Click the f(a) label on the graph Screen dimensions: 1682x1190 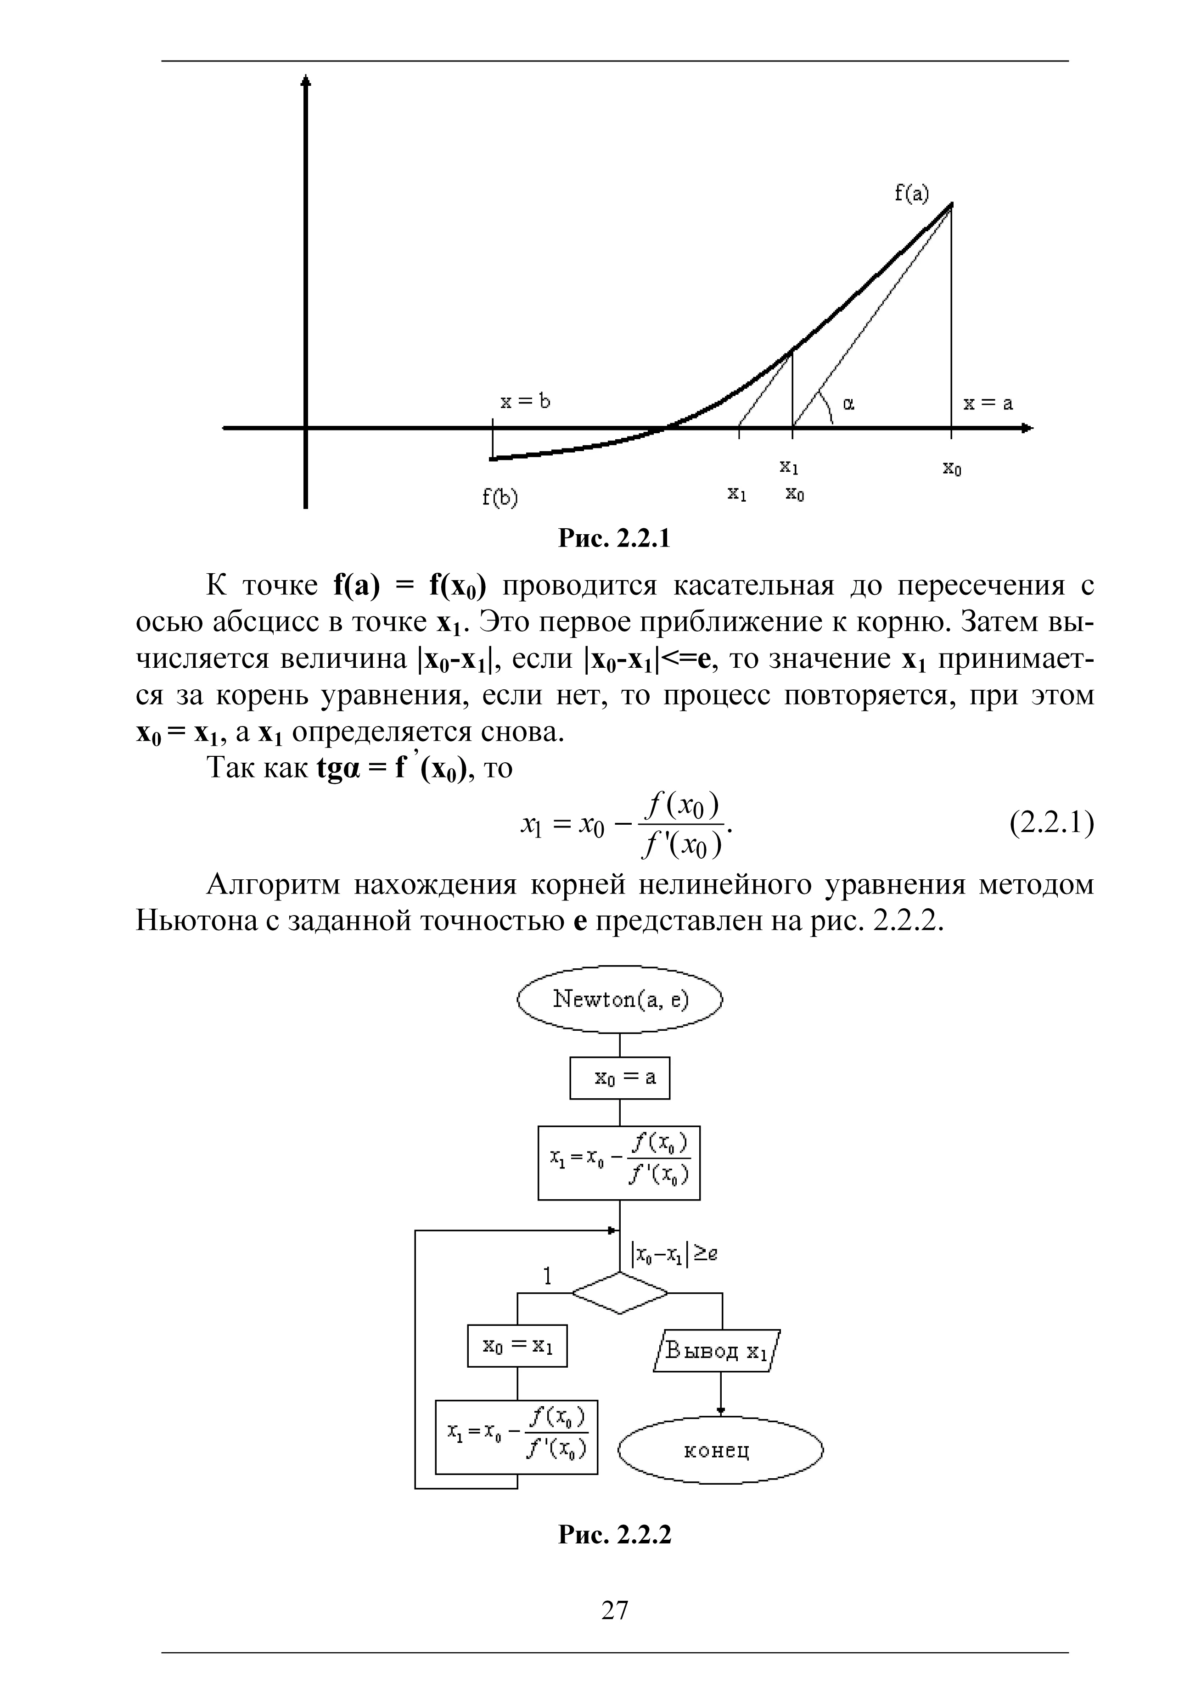(911, 193)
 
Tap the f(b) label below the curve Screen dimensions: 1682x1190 (500, 497)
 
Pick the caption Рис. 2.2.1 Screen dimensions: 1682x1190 (614, 539)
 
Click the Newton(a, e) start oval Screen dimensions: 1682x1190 (620, 1000)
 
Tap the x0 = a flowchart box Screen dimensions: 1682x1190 (620, 1078)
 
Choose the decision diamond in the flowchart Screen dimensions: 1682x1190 (620, 1293)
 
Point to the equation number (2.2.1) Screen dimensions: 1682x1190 (1051, 824)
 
